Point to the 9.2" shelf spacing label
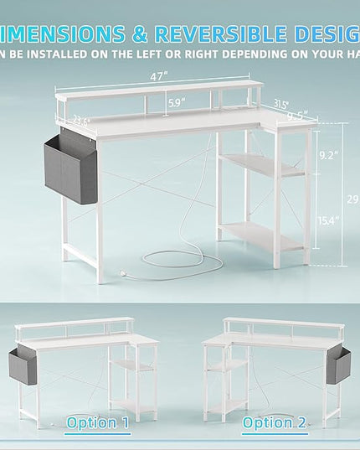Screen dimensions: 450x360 pos(328,155)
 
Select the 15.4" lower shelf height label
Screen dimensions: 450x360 pos(328,220)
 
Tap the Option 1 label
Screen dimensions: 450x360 pos(97,422)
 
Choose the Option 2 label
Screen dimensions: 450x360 pos(274,422)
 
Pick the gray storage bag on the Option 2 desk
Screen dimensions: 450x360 pos(338,366)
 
